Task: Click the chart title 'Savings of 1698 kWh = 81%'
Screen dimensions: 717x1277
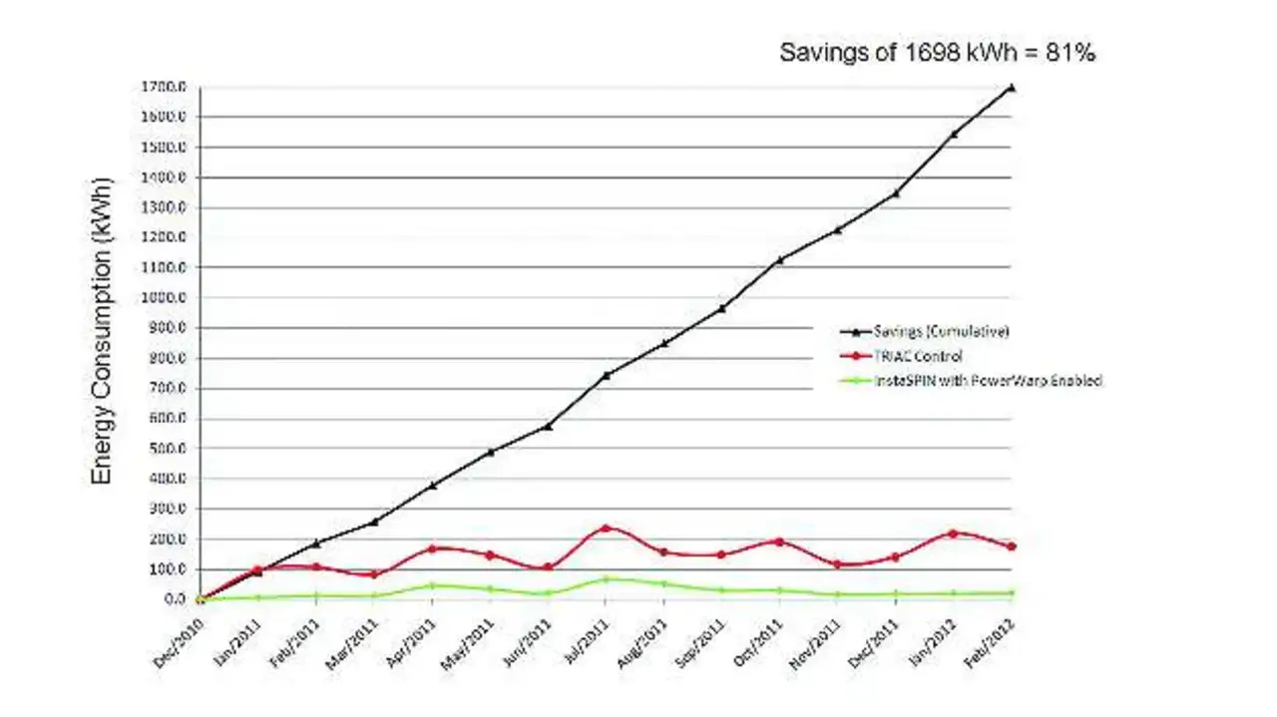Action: click(x=937, y=54)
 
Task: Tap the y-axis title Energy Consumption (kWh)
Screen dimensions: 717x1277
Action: click(x=102, y=331)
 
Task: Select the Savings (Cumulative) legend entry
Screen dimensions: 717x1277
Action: click(x=922, y=331)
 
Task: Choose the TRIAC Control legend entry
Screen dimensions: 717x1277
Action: click(x=904, y=355)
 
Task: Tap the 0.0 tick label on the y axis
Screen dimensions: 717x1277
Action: click(x=174, y=599)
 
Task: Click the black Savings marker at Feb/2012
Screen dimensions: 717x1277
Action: click(x=1012, y=88)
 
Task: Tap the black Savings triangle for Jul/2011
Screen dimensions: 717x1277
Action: click(x=606, y=375)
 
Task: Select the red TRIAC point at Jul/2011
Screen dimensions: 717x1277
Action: click(x=606, y=529)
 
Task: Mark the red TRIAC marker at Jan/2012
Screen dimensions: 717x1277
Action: click(x=954, y=534)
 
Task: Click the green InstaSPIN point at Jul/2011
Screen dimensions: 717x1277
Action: click(x=606, y=578)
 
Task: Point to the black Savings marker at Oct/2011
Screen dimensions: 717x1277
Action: click(x=779, y=259)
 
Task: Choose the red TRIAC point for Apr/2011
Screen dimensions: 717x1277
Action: click(x=432, y=548)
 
